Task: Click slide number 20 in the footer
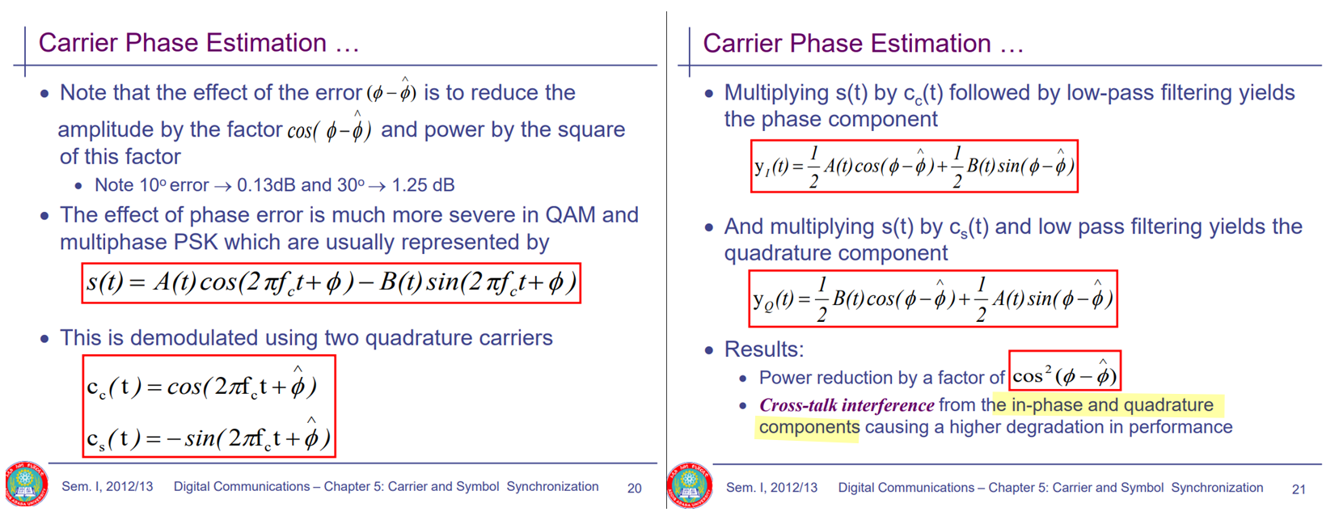[x=634, y=488]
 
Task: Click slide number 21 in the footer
[x=1299, y=489]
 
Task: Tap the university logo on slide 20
[x=26, y=484]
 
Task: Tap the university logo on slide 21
[x=689, y=484]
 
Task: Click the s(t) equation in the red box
[x=332, y=283]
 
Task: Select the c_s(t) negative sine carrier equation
[x=208, y=436]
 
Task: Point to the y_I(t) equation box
[x=914, y=167]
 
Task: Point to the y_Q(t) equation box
[x=932, y=298]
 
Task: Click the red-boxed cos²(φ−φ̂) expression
[x=1064, y=370]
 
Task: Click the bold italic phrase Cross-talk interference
[x=847, y=405]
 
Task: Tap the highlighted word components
[x=809, y=428]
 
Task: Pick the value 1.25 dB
[x=423, y=185]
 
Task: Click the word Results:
[x=764, y=349]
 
